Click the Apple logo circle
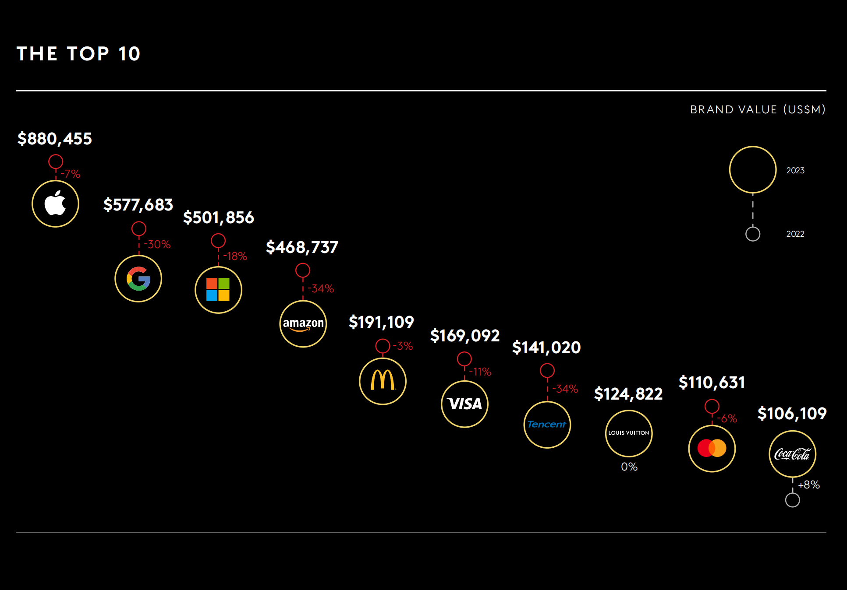(x=55, y=204)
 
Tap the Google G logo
(x=138, y=279)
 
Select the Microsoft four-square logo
(x=218, y=290)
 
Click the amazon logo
(x=303, y=324)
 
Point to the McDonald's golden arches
(x=383, y=381)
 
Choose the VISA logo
(x=464, y=404)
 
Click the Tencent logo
(x=547, y=425)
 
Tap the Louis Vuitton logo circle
(x=629, y=433)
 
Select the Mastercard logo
(x=712, y=449)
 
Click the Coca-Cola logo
(x=792, y=454)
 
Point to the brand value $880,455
(x=55, y=139)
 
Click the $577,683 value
(x=138, y=205)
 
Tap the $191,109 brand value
(x=381, y=322)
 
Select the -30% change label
(x=157, y=244)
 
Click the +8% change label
(x=809, y=485)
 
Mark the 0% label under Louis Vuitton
(x=629, y=467)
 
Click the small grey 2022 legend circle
(x=753, y=234)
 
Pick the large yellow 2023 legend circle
(x=753, y=170)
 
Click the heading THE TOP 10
(x=78, y=54)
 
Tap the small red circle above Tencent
(x=547, y=371)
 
